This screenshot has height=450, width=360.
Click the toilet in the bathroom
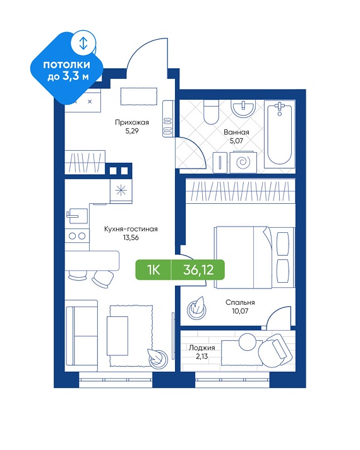[211, 112]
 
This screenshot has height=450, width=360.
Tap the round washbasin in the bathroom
[243, 109]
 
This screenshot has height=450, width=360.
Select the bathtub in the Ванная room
[280, 134]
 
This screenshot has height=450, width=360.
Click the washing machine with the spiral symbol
[243, 162]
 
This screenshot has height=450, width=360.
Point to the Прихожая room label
[132, 122]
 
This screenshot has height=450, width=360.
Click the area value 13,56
[131, 238]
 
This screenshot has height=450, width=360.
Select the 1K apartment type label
[153, 269]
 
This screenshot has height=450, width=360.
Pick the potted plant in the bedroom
[197, 308]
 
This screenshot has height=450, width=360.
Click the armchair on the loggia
[275, 350]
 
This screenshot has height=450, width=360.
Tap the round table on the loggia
[247, 341]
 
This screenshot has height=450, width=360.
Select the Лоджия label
[202, 348]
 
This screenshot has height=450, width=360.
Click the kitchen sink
[77, 216]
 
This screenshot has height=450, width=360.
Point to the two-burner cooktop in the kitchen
[77, 236]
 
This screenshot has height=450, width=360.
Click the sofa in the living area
[81, 336]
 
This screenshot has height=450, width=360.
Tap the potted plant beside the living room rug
[157, 357]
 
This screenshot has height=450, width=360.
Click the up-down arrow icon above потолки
[83, 43]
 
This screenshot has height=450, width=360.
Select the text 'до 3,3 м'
[68, 76]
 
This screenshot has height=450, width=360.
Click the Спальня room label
[240, 302]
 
